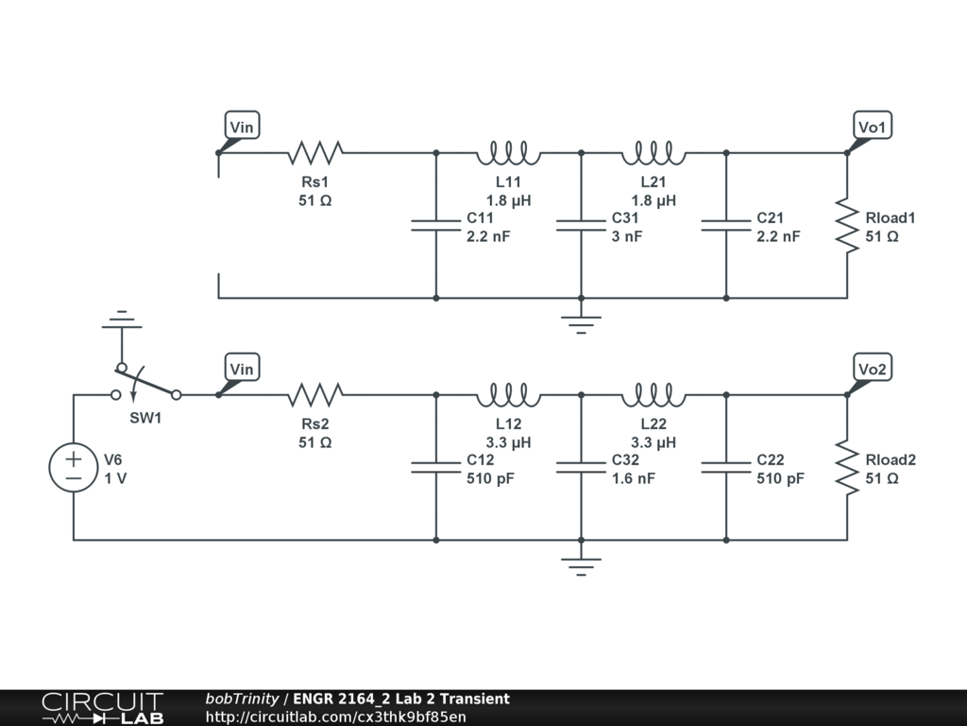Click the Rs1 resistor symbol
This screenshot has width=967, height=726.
point(315,151)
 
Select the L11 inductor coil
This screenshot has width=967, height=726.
point(508,151)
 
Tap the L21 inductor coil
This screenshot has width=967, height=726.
point(653,151)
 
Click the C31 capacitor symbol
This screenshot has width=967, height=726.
point(581,226)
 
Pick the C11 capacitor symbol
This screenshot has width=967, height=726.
point(435,226)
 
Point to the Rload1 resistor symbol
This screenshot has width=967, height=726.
point(846,226)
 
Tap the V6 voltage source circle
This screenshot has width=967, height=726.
point(74,468)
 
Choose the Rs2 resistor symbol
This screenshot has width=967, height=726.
point(315,393)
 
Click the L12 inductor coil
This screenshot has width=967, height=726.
point(508,393)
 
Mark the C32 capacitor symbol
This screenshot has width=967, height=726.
point(581,468)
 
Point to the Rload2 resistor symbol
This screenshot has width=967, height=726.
point(846,468)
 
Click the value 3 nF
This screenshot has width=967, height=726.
point(627,236)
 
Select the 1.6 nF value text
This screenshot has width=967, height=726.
point(634,478)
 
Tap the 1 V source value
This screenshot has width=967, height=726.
point(115,478)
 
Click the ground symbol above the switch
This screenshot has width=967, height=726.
point(121,321)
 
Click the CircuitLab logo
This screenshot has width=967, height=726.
point(102,708)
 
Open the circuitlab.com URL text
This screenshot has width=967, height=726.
point(335,717)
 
